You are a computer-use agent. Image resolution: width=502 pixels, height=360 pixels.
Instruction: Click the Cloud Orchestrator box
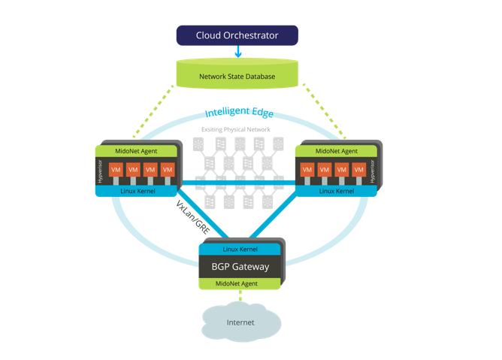[237, 35]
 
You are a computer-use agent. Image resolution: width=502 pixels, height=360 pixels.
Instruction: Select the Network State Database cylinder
[237, 76]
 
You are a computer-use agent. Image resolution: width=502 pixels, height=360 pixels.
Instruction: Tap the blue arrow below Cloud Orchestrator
[237, 52]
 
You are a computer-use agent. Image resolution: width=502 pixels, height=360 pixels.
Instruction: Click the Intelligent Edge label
[239, 113]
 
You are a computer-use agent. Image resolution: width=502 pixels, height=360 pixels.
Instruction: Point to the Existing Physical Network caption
[235, 130]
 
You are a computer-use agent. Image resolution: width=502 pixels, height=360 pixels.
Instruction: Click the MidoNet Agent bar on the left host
[135, 152]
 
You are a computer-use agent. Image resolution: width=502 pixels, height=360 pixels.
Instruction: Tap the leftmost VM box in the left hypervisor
[115, 171]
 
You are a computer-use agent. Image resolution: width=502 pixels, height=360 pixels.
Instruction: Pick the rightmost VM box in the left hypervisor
[167, 171]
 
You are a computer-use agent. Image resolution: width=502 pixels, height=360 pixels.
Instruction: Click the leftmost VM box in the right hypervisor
[307, 171]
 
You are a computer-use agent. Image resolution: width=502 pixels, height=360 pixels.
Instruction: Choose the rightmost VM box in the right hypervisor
[358, 171]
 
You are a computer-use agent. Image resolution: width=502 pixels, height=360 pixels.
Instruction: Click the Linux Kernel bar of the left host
[135, 191]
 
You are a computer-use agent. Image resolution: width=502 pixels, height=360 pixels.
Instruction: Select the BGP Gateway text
[240, 266]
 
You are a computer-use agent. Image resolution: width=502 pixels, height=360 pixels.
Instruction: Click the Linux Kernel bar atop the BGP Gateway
[240, 249]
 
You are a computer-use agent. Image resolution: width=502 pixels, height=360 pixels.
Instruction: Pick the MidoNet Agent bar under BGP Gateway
[240, 283]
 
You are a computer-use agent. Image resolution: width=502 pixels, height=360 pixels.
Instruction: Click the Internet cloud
[240, 322]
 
